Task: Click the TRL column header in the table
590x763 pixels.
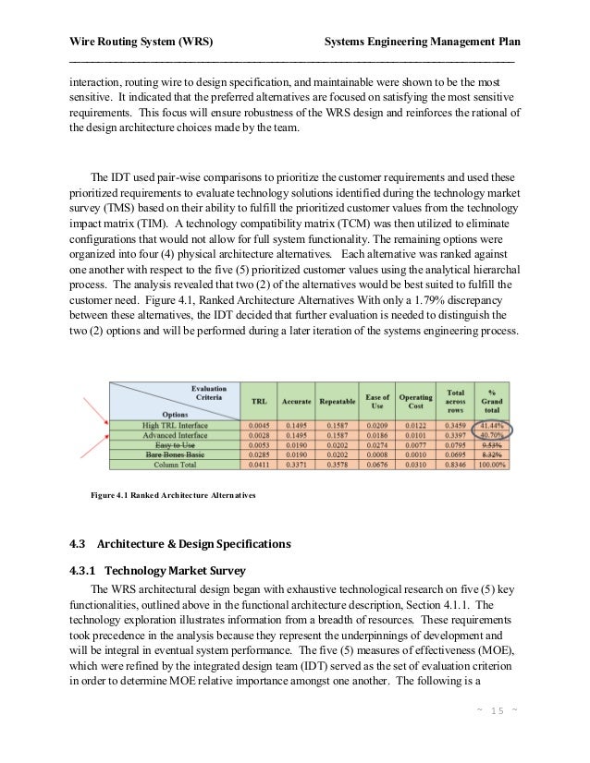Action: (x=260, y=402)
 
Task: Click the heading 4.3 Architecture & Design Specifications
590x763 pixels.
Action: (x=181, y=542)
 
